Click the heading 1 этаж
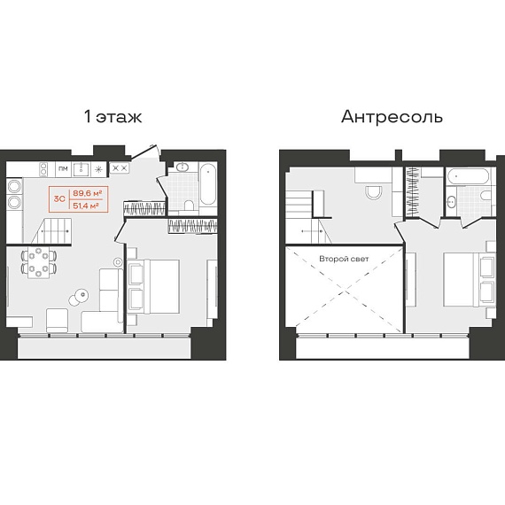pos(113,117)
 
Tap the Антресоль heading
pos(392,117)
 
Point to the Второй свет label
pos(344,259)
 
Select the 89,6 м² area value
pos(88,193)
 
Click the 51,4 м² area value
pos(86,206)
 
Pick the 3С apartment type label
pos(59,199)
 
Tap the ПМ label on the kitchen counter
pos(64,168)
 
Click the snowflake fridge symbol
pos(99,169)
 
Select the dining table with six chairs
pos(39,262)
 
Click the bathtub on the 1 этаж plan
pos(208,184)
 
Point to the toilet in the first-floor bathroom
pos(189,205)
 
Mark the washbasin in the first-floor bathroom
pos(183,167)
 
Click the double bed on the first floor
pos(154,286)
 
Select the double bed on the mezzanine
pos(470,280)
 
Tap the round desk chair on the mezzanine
pos(374,192)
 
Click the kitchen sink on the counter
pos(81,169)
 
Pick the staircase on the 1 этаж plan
pos(51,230)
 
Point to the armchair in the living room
pos(58,320)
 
